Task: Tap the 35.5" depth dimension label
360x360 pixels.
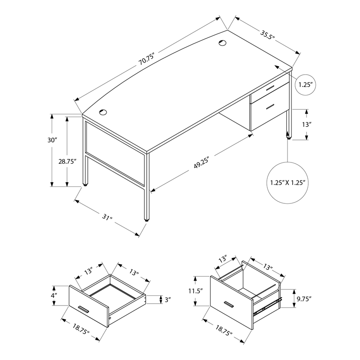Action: click(267, 35)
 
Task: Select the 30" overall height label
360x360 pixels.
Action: click(52, 140)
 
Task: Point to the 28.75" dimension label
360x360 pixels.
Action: click(67, 162)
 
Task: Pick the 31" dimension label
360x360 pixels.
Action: click(107, 217)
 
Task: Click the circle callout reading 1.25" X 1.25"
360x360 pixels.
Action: click(288, 183)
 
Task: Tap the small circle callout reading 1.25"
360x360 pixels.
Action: click(306, 85)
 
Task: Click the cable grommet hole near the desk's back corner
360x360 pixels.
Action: click(222, 43)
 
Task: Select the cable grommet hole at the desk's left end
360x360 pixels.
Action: click(103, 112)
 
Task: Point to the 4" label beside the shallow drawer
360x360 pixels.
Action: click(54, 295)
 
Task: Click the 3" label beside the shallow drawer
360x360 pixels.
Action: click(168, 300)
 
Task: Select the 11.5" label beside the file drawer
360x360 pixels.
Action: click(196, 291)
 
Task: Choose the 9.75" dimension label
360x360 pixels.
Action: click(304, 299)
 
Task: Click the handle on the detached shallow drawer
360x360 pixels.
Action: click(83, 309)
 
